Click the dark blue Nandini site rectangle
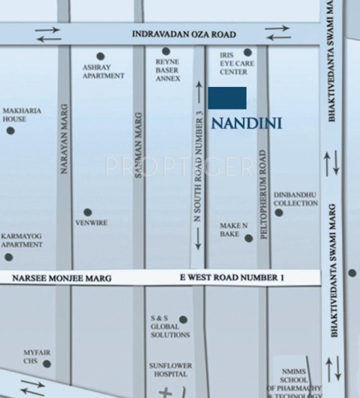pyautogui.click(x=227, y=98)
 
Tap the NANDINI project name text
pyautogui.click(x=247, y=123)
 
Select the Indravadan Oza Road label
pyautogui.click(x=184, y=35)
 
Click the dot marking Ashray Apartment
pyautogui.click(x=100, y=56)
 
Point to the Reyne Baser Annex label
pyautogui.click(x=167, y=70)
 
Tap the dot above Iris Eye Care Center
pyautogui.click(x=248, y=52)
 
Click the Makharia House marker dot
pyautogui.click(x=10, y=131)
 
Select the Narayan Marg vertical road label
pyautogui.click(x=64, y=139)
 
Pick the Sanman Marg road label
pyautogui.click(x=138, y=146)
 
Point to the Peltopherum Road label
pyautogui.click(x=263, y=194)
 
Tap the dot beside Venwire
pyautogui.click(x=88, y=212)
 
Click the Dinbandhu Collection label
pyautogui.click(x=296, y=199)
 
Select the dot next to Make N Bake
pyautogui.click(x=249, y=238)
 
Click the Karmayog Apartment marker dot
pyautogui.click(x=9, y=257)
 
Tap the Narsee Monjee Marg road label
pyautogui.click(x=62, y=278)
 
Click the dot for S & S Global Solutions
pyautogui.click(x=183, y=320)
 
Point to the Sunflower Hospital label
pyautogui.click(x=170, y=369)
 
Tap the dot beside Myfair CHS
pyautogui.click(x=47, y=364)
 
